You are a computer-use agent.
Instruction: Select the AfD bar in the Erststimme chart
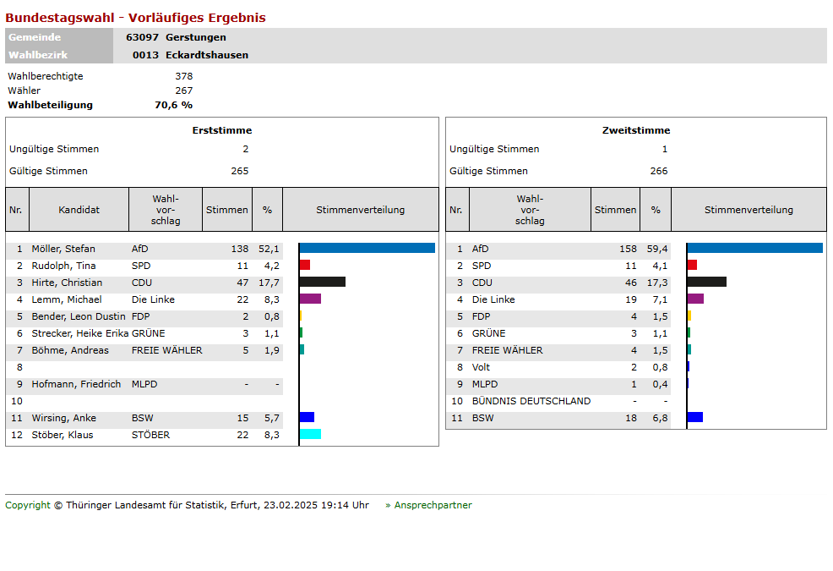click(x=367, y=248)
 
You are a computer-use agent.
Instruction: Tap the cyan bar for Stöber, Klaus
click(x=310, y=434)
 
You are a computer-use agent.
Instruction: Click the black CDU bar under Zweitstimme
click(x=706, y=282)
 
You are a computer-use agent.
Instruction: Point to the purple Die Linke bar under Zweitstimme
click(x=695, y=299)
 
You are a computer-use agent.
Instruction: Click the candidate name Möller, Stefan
click(x=63, y=249)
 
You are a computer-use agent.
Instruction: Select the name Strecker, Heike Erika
click(x=79, y=333)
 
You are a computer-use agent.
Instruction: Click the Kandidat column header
click(x=79, y=210)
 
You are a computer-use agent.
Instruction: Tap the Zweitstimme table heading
click(x=635, y=130)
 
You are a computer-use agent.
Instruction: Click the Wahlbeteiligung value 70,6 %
click(x=173, y=105)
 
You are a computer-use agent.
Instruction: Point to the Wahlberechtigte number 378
click(x=183, y=76)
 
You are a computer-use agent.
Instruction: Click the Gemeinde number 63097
click(x=142, y=37)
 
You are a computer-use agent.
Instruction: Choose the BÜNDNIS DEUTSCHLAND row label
click(x=531, y=401)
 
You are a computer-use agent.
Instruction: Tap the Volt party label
click(x=481, y=367)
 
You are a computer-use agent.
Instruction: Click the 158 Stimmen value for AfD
click(x=628, y=249)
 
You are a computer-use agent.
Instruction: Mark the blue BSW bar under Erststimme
click(x=307, y=417)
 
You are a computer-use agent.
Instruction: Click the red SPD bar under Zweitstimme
click(x=692, y=265)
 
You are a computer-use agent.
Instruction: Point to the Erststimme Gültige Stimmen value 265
click(x=240, y=171)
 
